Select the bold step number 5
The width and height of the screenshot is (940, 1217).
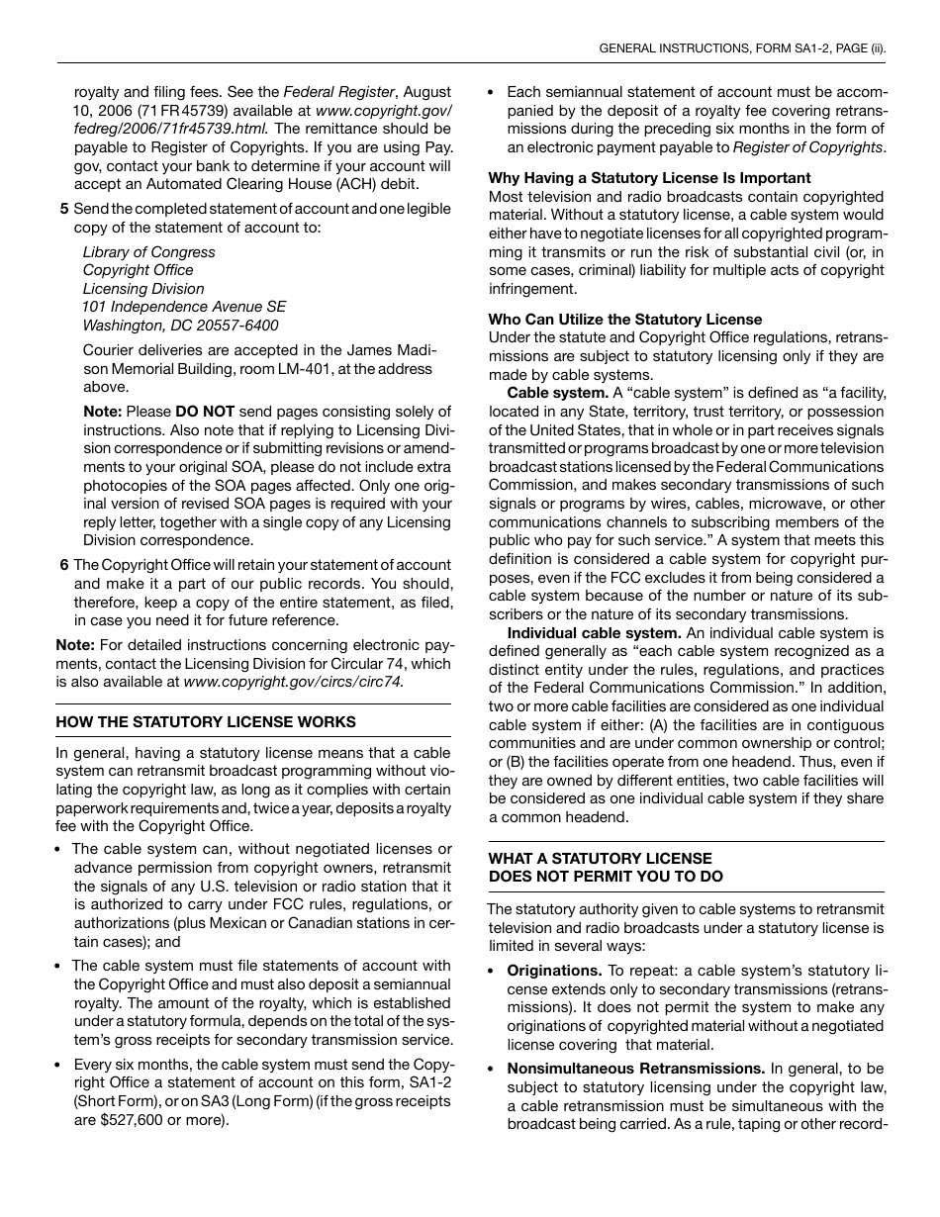pyautogui.click(x=64, y=209)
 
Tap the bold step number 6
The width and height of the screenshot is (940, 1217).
pyautogui.click(x=64, y=565)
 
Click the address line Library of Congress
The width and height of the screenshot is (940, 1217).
pyautogui.click(x=148, y=252)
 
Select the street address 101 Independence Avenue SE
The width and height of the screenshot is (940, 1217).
pyautogui.click(x=184, y=307)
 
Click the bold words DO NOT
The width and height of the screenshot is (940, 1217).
pyautogui.click(x=205, y=412)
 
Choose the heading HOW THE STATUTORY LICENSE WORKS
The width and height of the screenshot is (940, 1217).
pyautogui.click(x=206, y=722)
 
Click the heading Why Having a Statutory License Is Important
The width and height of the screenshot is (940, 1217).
pyautogui.click(x=649, y=178)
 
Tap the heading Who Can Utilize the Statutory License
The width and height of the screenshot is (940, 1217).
pyautogui.click(x=625, y=319)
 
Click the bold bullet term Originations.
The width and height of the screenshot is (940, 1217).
pyautogui.click(x=554, y=971)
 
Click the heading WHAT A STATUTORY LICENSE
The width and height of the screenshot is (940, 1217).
pyautogui.click(x=600, y=858)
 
